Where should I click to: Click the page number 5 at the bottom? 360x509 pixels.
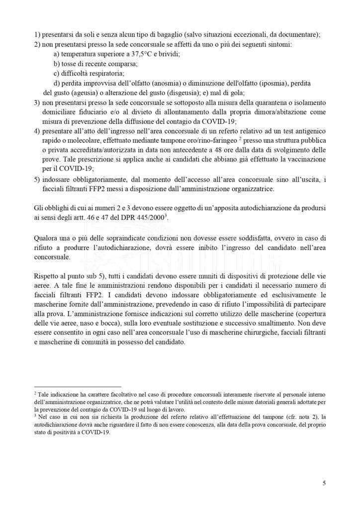324,483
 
